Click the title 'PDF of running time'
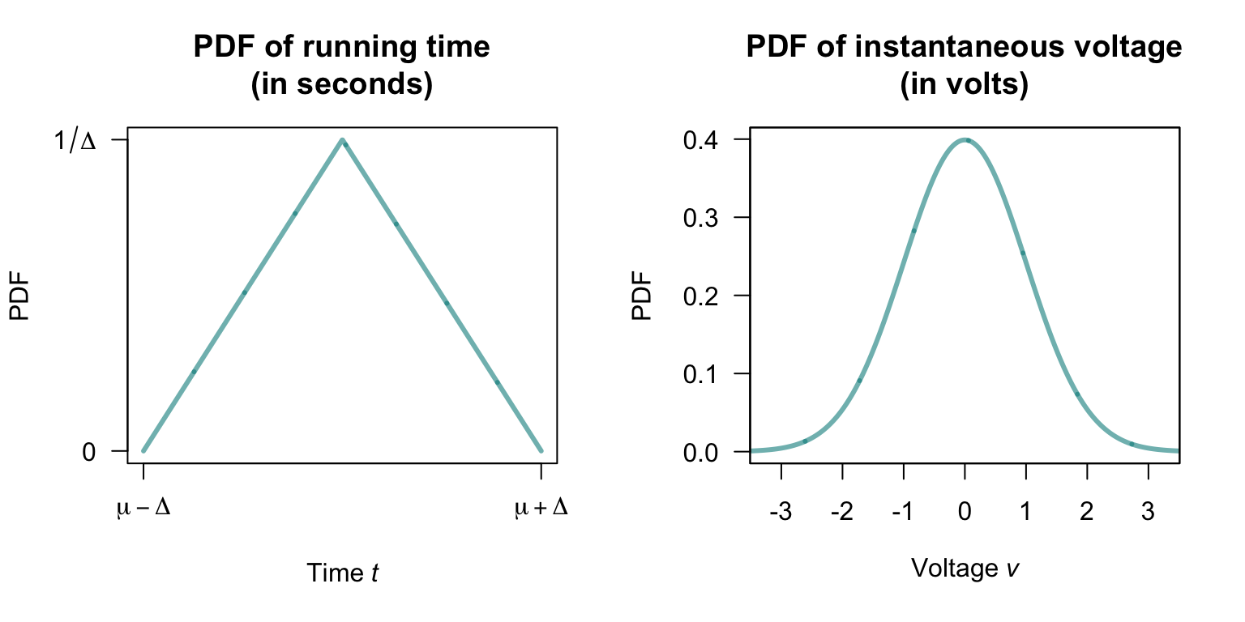pyautogui.click(x=342, y=48)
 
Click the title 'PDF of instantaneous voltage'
pyautogui.click(x=964, y=48)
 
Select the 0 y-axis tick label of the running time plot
pyautogui.click(x=89, y=451)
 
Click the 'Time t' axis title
pyautogui.click(x=342, y=573)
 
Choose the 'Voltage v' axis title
pyautogui.click(x=964, y=568)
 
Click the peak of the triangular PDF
pyautogui.click(x=343, y=140)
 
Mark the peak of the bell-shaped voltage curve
pyautogui.click(x=965, y=140)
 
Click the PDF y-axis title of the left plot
pyautogui.click(x=20, y=296)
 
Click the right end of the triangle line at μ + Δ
pyautogui.click(x=541, y=450)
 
